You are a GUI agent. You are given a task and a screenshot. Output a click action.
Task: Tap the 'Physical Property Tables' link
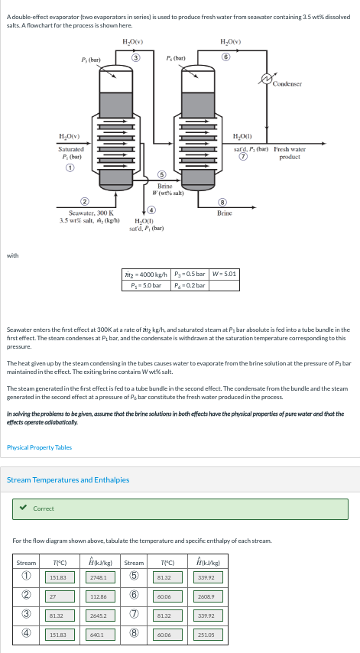(x=39, y=447)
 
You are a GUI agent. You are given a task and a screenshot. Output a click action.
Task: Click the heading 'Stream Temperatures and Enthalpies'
(x=68, y=480)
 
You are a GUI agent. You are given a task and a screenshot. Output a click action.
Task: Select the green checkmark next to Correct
(x=23, y=508)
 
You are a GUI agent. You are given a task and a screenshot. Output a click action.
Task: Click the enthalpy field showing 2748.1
(x=98, y=577)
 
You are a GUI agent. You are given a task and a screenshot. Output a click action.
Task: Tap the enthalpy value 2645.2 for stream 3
(x=98, y=615)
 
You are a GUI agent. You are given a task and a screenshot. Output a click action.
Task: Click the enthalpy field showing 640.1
(x=98, y=634)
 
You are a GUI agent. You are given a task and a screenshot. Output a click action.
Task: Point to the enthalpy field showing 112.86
(x=98, y=596)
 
